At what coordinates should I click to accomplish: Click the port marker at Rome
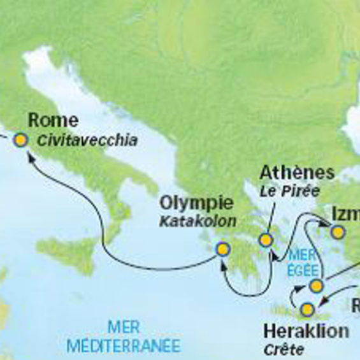pyautogui.click(x=21, y=140)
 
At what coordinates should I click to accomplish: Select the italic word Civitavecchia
pyautogui.click(x=87, y=140)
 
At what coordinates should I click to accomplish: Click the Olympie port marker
pyautogui.click(x=222, y=249)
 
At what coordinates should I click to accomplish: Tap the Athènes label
pyautogui.click(x=298, y=173)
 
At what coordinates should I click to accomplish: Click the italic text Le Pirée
pyautogui.click(x=289, y=191)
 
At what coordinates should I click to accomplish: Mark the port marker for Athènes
pyautogui.click(x=266, y=240)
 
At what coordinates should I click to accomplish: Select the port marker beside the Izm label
pyautogui.click(x=337, y=231)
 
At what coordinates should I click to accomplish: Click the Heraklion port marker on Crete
pyautogui.click(x=308, y=310)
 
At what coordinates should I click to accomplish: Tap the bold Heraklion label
pyautogui.click(x=306, y=331)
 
